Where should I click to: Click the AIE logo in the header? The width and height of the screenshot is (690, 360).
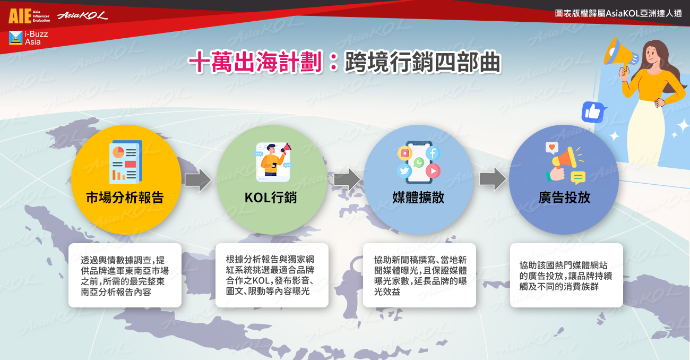[29, 16]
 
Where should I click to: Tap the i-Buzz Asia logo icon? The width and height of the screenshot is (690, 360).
[16, 38]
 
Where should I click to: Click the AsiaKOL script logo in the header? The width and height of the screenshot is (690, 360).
[83, 15]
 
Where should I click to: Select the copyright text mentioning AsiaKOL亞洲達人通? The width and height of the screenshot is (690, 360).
[618, 13]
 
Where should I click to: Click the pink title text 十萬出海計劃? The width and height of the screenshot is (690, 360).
[255, 62]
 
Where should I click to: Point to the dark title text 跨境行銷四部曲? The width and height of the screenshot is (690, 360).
[422, 63]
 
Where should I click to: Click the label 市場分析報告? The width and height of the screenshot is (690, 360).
[125, 198]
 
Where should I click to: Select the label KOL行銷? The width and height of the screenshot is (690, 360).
[271, 198]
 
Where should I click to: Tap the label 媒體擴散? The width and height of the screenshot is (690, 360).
[418, 198]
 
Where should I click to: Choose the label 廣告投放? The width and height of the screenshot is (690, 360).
[564, 198]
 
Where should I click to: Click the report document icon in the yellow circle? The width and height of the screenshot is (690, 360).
[126, 162]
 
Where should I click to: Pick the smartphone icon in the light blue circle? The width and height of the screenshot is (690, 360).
[419, 162]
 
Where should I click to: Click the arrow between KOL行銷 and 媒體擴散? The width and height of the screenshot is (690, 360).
[347, 179]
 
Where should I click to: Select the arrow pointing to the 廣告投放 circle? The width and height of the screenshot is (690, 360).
[493, 179]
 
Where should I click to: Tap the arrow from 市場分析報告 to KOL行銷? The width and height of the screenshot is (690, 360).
[198, 180]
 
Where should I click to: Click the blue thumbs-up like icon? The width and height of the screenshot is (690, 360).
[593, 112]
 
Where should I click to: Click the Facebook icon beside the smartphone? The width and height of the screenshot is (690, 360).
[433, 153]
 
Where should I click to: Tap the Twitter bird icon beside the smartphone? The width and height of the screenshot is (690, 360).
[404, 171]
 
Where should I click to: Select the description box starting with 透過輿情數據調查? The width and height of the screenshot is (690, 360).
[125, 275]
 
